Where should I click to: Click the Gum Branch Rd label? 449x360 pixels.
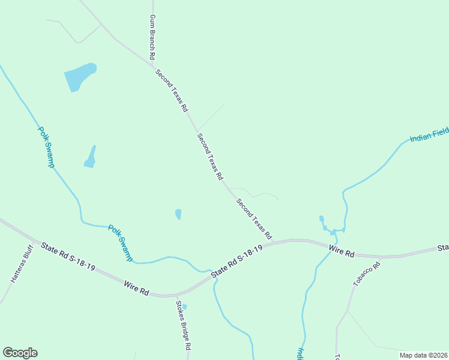click(x=152, y=37)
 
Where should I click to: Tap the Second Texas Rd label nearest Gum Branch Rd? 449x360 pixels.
click(x=172, y=91)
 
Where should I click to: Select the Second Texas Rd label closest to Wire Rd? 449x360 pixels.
click(x=255, y=219)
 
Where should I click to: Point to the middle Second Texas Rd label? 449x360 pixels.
click(x=210, y=157)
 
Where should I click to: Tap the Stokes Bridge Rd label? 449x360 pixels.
click(x=183, y=325)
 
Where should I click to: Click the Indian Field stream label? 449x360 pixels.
click(x=429, y=138)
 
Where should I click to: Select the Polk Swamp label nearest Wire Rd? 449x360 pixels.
click(x=121, y=242)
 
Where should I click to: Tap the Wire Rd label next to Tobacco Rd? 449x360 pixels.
click(x=342, y=251)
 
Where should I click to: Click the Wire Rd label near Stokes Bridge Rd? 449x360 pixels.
click(x=136, y=287)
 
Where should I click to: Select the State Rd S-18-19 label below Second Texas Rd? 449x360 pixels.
click(x=237, y=261)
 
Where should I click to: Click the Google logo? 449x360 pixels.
click(x=20, y=353)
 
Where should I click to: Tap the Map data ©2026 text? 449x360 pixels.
click(x=423, y=355)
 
